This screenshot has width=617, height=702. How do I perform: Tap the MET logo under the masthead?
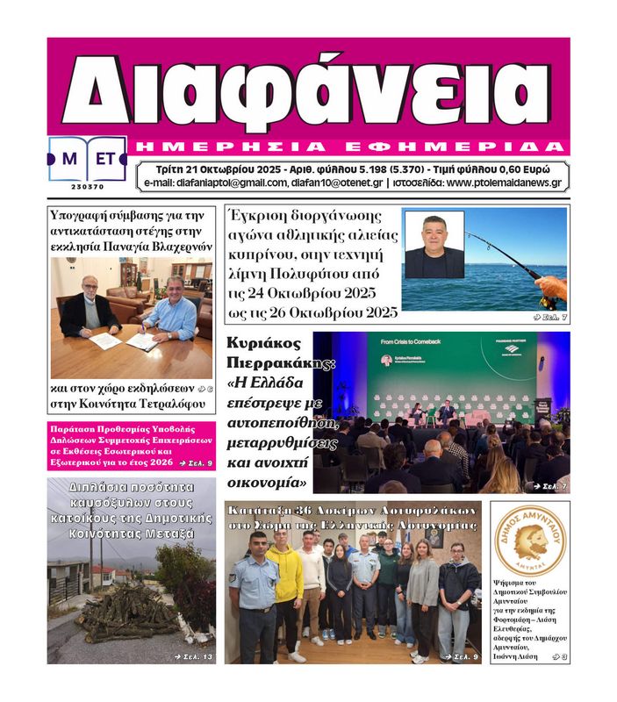coord(87,160)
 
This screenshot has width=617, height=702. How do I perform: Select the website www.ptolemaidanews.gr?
coord(503,183)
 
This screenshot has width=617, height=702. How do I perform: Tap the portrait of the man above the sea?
coord(434,246)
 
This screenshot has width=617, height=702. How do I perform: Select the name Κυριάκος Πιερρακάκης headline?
coord(263,354)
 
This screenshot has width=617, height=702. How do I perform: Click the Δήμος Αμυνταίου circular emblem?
coord(529,540)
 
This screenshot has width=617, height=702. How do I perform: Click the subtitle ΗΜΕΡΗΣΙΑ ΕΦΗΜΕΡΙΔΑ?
coord(351,146)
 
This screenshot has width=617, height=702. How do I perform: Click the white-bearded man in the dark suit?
coord(88,312)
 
